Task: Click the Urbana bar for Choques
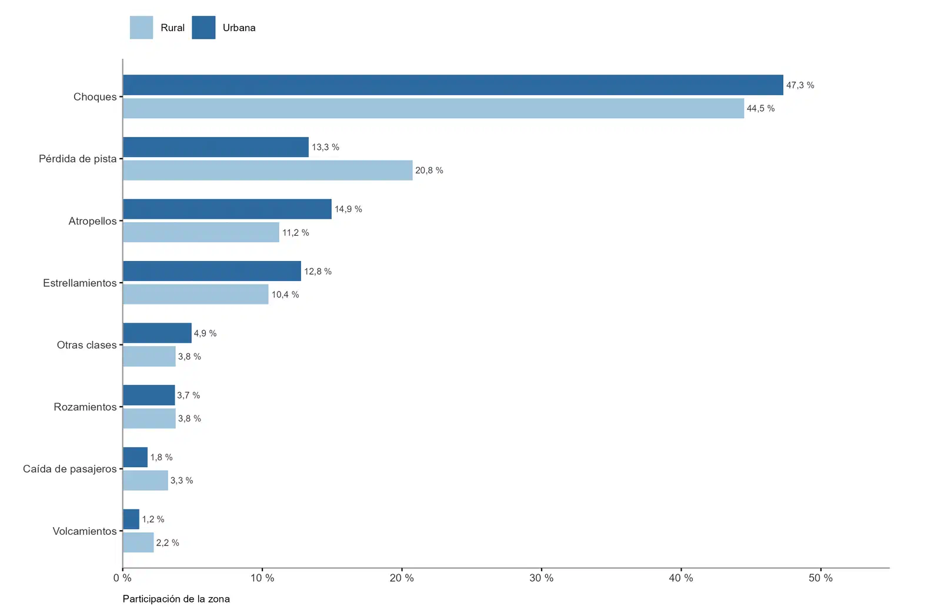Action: (x=453, y=85)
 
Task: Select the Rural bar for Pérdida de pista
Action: (x=268, y=170)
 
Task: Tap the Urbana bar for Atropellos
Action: (x=227, y=209)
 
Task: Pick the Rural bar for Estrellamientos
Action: (x=196, y=294)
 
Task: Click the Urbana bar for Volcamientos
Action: (x=131, y=520)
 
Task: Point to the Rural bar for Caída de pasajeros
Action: (x=145, y=480)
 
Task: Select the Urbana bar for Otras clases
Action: (x=157, y=333)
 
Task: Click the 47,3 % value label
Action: (x=800, y=85)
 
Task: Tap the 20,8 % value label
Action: (x=429, y=170)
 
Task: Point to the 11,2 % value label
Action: (x=295, y=233)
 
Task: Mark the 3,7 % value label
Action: (x=188, y=395)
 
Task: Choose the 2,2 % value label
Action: (x=168, y=543)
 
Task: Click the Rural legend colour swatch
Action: (x=141, y=28)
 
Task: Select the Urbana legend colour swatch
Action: (x=203, y=28)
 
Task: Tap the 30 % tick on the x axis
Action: (x=542, y=570)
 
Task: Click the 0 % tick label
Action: (x=122, y=578)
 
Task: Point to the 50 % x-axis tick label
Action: (x=820, y=578)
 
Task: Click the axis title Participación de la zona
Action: (x=176, y=599)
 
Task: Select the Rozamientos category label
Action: (x=85, y=407)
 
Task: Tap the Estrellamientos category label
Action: (x=80, y=283)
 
